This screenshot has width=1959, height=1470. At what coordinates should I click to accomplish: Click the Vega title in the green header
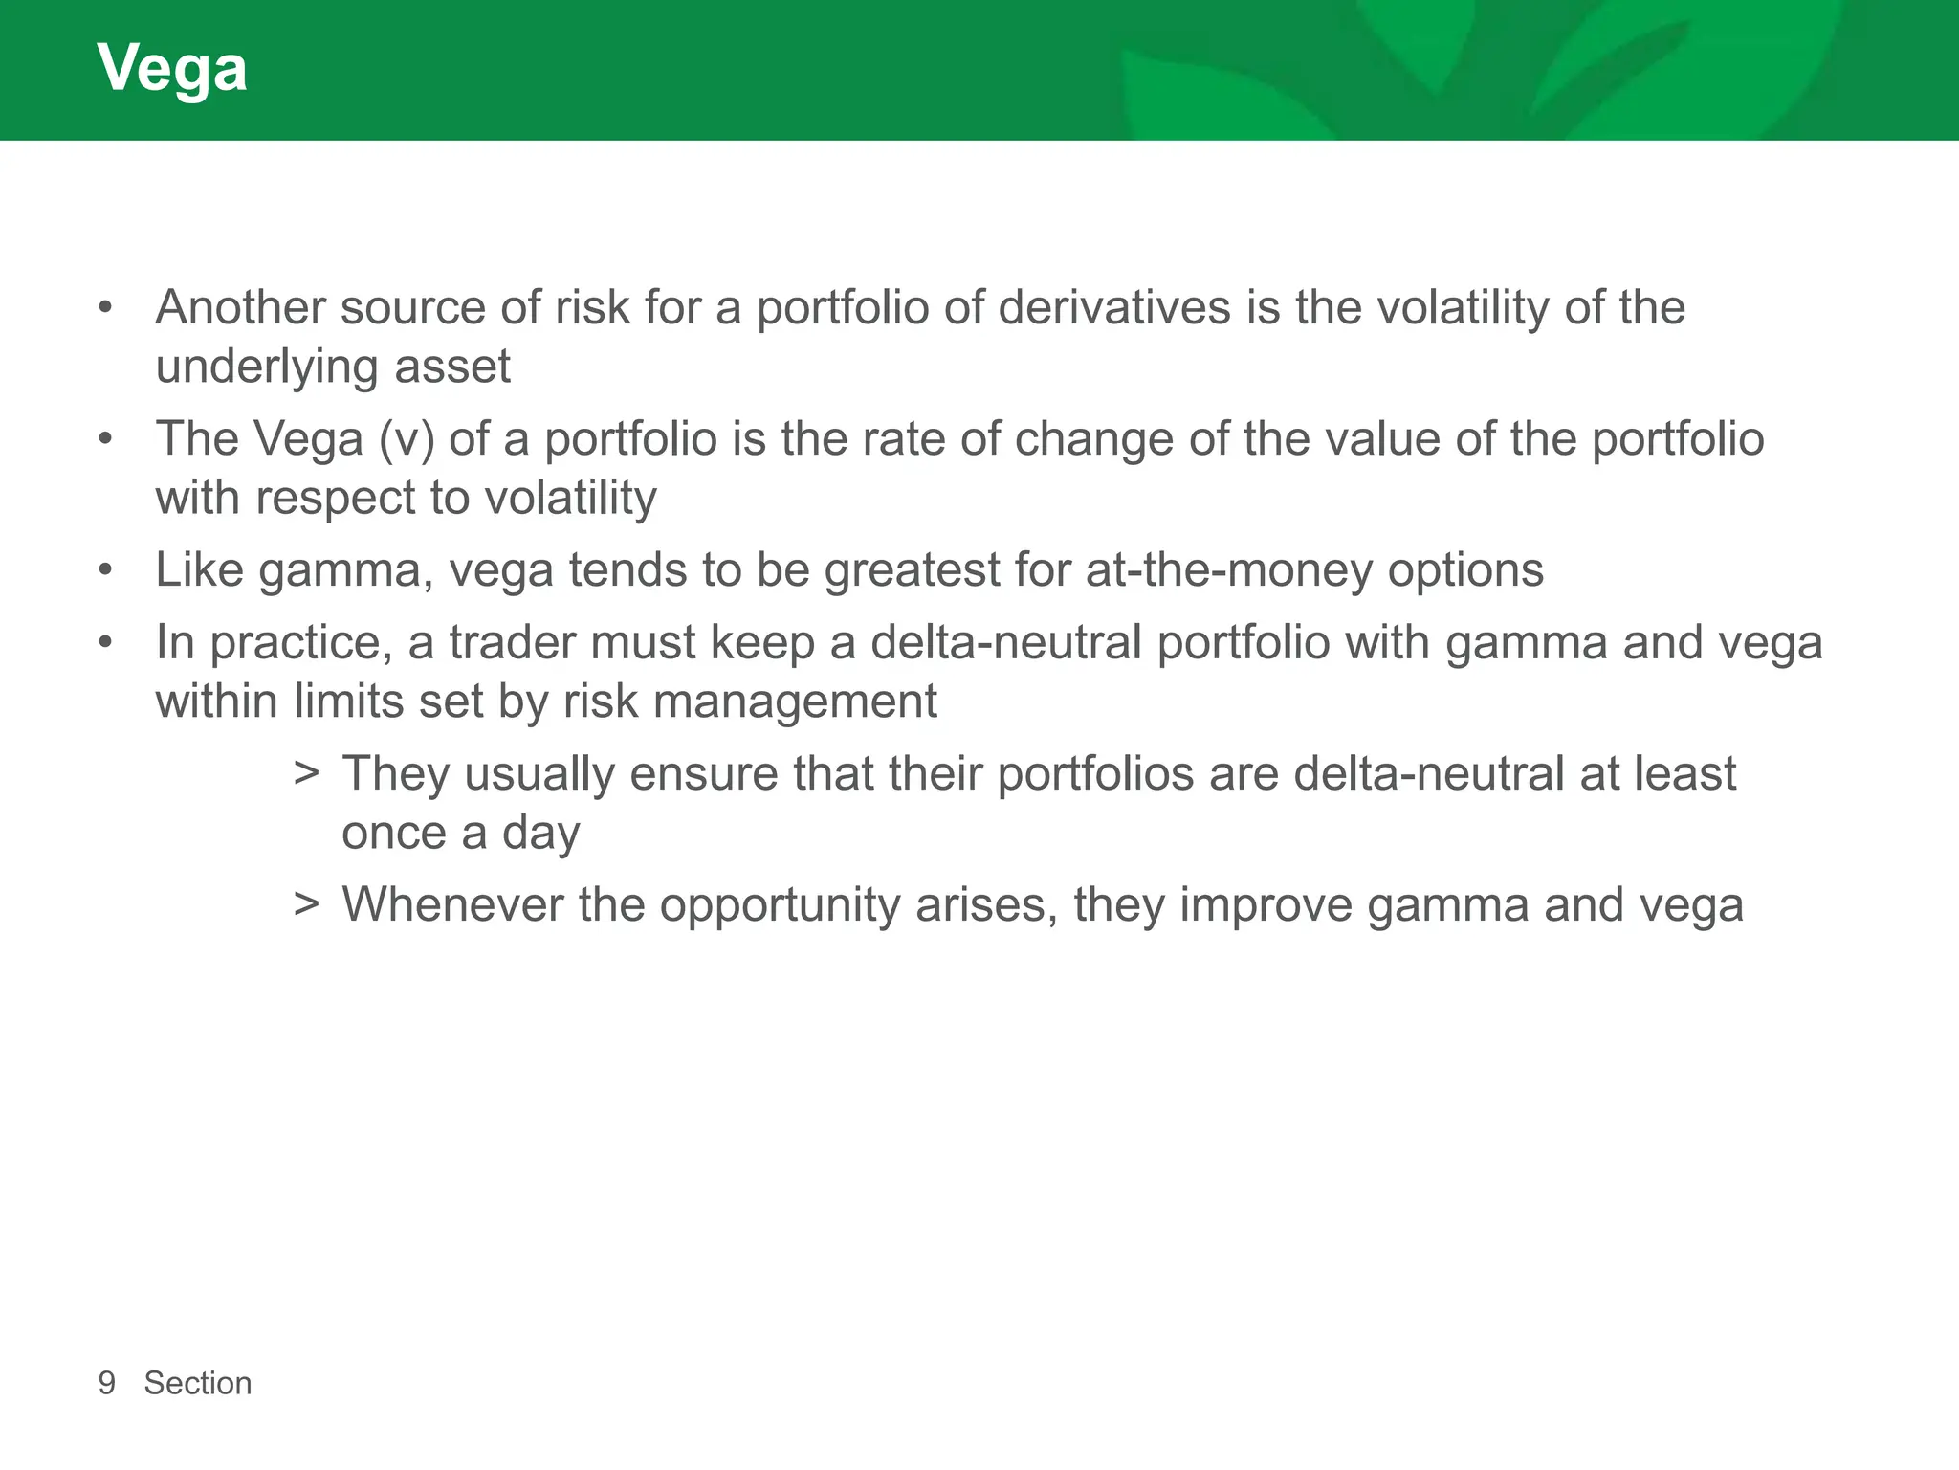[172, 69]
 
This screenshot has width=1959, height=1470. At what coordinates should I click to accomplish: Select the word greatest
[912, 570]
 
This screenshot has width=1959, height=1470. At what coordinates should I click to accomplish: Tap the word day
[540, 833]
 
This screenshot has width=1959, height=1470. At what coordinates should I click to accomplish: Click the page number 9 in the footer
[107, 1383]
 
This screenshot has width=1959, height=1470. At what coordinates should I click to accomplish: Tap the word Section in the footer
[198, 1383]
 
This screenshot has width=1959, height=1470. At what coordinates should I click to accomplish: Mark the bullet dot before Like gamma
[105, 570]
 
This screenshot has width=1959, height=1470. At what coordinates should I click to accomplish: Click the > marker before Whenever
[306, 904]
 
